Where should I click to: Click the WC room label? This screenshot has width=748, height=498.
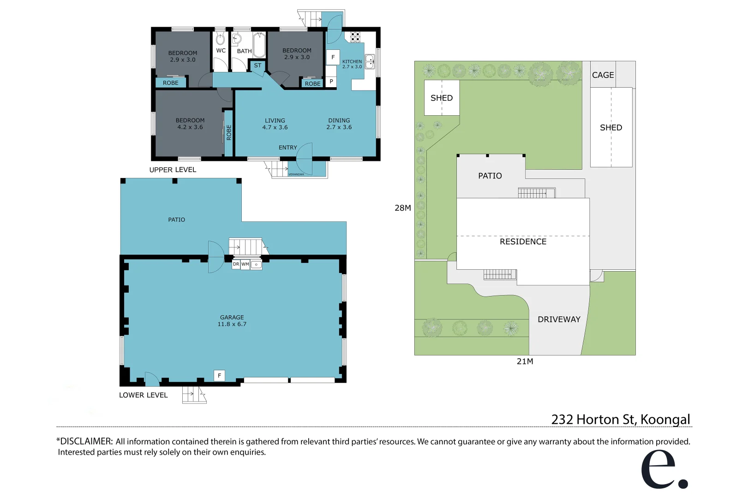(221, 51)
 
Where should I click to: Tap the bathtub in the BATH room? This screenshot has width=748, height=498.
(259, 44)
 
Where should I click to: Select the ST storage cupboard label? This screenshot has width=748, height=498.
(257, 65)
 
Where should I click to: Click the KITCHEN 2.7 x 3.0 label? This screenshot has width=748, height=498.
(352, 64)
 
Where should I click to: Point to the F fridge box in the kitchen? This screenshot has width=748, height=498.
(333, 57)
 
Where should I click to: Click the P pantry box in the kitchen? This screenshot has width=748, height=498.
(331, 82)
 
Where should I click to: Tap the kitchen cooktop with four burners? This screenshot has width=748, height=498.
(355, 37)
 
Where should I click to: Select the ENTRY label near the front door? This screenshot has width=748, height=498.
(287, 148)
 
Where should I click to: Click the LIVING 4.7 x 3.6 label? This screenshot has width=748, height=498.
(275, 124)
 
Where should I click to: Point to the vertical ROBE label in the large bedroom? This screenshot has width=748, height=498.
(229, 133)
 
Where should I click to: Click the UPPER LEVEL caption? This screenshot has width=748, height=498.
(173, 170)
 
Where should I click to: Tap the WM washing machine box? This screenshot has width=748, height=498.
(245, 264)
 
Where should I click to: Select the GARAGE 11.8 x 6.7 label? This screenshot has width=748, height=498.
(232, 321)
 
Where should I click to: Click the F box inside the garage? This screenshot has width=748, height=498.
(219, 375)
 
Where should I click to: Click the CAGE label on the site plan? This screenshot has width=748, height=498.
(603, 75)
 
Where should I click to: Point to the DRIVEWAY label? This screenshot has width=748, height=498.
(559, 320)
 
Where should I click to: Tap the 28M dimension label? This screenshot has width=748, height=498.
(402, 208)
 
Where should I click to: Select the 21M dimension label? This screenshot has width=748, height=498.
(525, 362)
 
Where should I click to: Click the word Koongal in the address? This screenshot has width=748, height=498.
(665, 420)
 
